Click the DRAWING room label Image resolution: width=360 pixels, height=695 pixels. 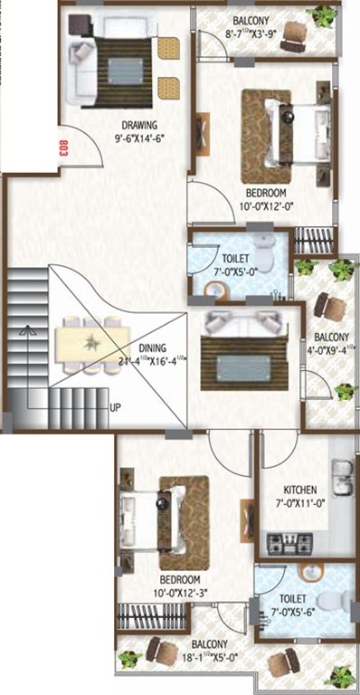142,126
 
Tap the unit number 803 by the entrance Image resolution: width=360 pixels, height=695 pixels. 63,149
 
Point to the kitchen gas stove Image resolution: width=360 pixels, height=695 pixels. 289,543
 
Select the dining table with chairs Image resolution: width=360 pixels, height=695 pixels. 90,341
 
